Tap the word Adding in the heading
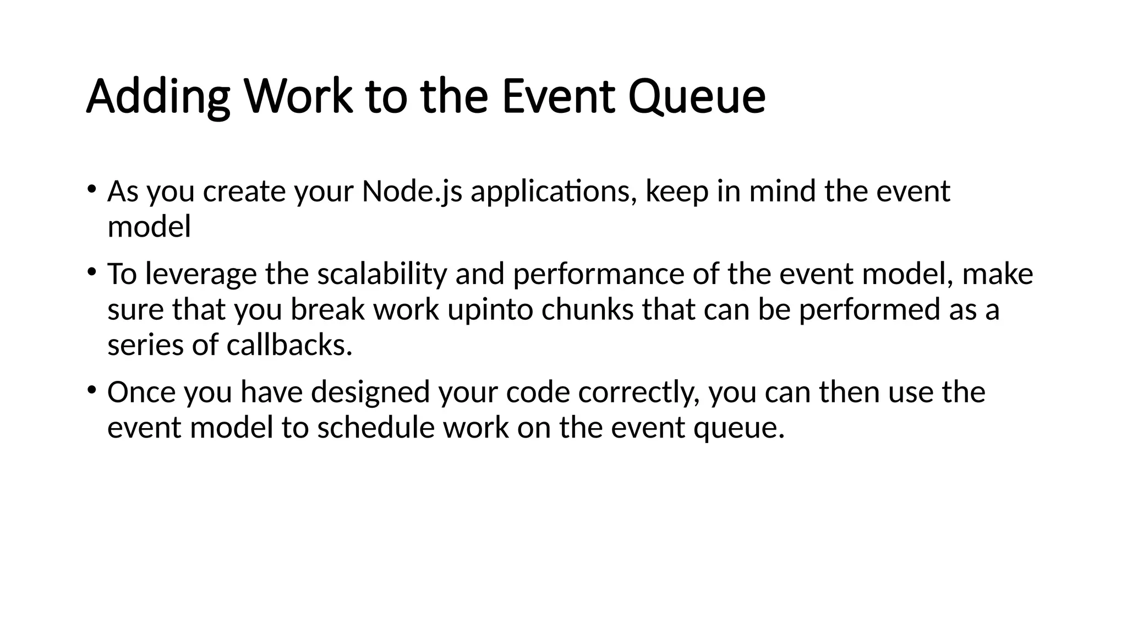pyautogui.click(x=158, y=97)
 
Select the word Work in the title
pyautogui.click(x=298, y=97)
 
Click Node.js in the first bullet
pyautogui.click(x=412, y=192)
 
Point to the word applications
pyautogui.click(x=553, y=192)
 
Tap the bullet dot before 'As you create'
pyautogui.click(x=92, y=189)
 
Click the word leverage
pyautogui.click(x=201, y=274)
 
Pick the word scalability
pyautogui.click(x=382, y=274)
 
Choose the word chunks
pyautogui.click(x=587, y=310)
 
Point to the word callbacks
pyautogui.click(x=289, y=346)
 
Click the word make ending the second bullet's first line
pyautogui.click(x=997, y=274)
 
